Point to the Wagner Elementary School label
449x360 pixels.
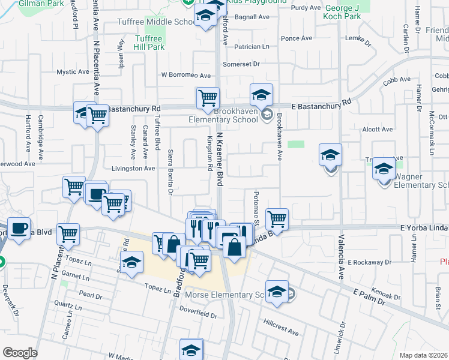(x=420, y=181)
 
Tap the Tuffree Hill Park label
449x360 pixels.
(x=148, y=42)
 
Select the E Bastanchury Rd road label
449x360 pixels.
(x=321, y=106)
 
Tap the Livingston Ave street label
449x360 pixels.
(x=133, y=169)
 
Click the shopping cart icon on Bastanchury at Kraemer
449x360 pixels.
(x=208, y=98)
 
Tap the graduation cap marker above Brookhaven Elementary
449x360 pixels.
(x=261, y=94)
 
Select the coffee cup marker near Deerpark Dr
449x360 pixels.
(x=19, y=227)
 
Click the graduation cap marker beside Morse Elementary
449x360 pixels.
(x=277, y=291)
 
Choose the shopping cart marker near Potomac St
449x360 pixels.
(x=277, y=218)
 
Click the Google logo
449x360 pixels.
(x=20, y=353)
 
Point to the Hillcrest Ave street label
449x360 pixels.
(x=280, y=331)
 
